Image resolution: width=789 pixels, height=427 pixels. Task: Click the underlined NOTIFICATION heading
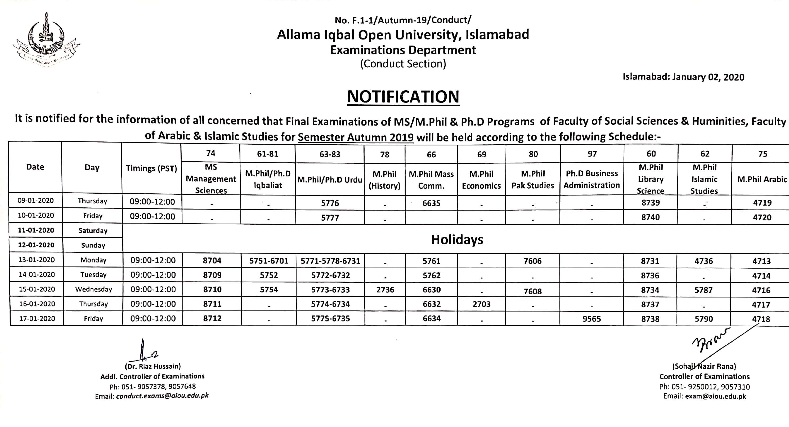[x=403, y=97]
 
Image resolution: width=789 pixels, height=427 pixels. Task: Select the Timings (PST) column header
[x=151, y=168]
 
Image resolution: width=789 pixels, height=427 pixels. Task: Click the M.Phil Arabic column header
[x=762, y=179]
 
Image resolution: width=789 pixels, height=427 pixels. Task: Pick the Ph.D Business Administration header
[x=591, y=179]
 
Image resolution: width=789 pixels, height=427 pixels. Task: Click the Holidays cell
[x=457, y=239]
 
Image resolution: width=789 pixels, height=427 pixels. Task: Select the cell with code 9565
[x=591, y=319]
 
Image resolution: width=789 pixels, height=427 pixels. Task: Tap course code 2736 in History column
[x=385, y=290]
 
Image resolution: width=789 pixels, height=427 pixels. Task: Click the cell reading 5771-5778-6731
[x=330, y=261]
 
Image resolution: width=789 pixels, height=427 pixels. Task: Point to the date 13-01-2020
[x=37, y=260]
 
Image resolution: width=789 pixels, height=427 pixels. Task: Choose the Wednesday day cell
[x=93, y=289]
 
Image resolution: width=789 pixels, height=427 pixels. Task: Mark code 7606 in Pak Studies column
[x=532, y=261]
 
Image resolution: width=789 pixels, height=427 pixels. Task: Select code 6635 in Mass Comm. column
[x=431, y=203]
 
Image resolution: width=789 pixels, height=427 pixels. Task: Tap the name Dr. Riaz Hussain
[x=153, y=366]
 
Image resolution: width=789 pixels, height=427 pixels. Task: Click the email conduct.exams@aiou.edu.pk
[x=162, y=396]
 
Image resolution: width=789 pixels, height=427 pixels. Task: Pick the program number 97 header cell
[x=592, y=154]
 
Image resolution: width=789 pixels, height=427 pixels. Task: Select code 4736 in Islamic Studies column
[x=703, y=261]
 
